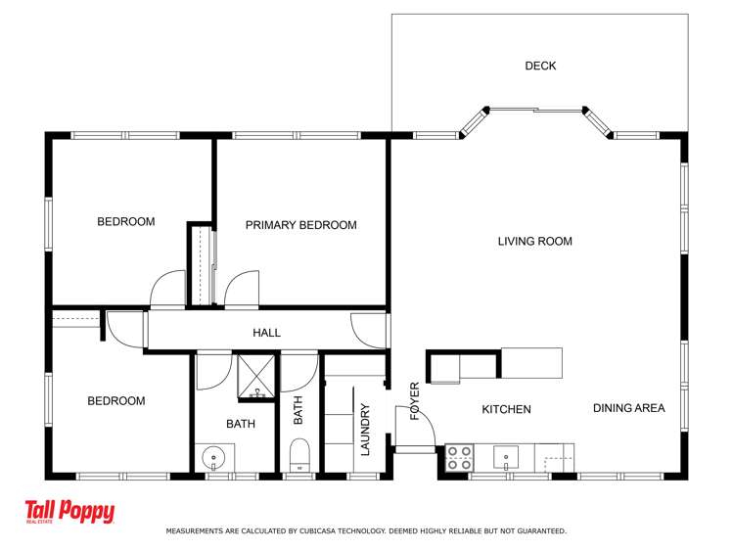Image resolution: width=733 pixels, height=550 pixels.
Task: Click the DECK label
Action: [x=540, y=67]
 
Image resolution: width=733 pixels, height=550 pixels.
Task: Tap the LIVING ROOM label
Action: [x=534, y=242]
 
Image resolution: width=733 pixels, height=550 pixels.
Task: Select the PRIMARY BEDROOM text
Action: [x=300, y=225]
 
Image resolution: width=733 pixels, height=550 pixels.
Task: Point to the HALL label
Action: [x=266, y=333]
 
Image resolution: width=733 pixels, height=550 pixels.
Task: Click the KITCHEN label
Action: [x=506, y=409]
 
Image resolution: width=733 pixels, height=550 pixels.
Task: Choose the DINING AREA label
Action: [x=628, y=408]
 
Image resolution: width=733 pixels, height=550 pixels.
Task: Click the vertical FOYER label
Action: [x=414, y=400]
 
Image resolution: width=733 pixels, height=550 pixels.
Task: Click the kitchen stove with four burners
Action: [x=460, y=457]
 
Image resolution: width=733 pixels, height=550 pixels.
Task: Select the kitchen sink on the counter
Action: [x=506, y=456]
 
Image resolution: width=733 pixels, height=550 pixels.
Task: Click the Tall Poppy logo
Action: [x=69, y=513]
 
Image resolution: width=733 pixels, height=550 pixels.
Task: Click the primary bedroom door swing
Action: [x=241, y=290]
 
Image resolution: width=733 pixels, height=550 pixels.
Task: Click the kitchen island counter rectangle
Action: [x=530, y=362]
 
